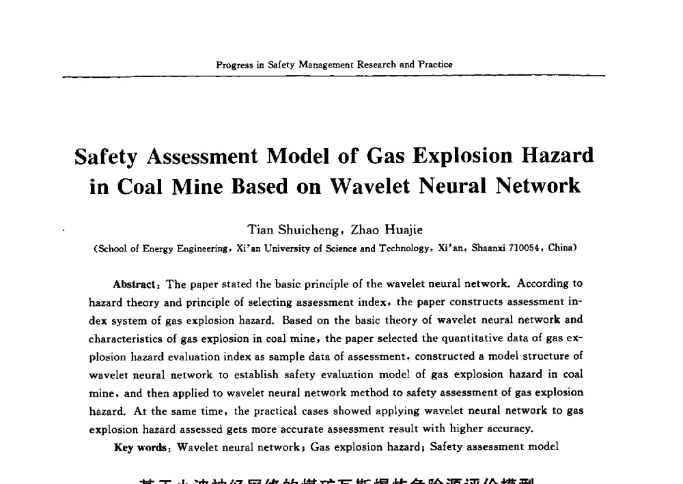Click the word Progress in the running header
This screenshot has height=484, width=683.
coord(231,65)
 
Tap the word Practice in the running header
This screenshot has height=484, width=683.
coord(436,65)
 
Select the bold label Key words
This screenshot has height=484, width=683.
coord(142,447)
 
